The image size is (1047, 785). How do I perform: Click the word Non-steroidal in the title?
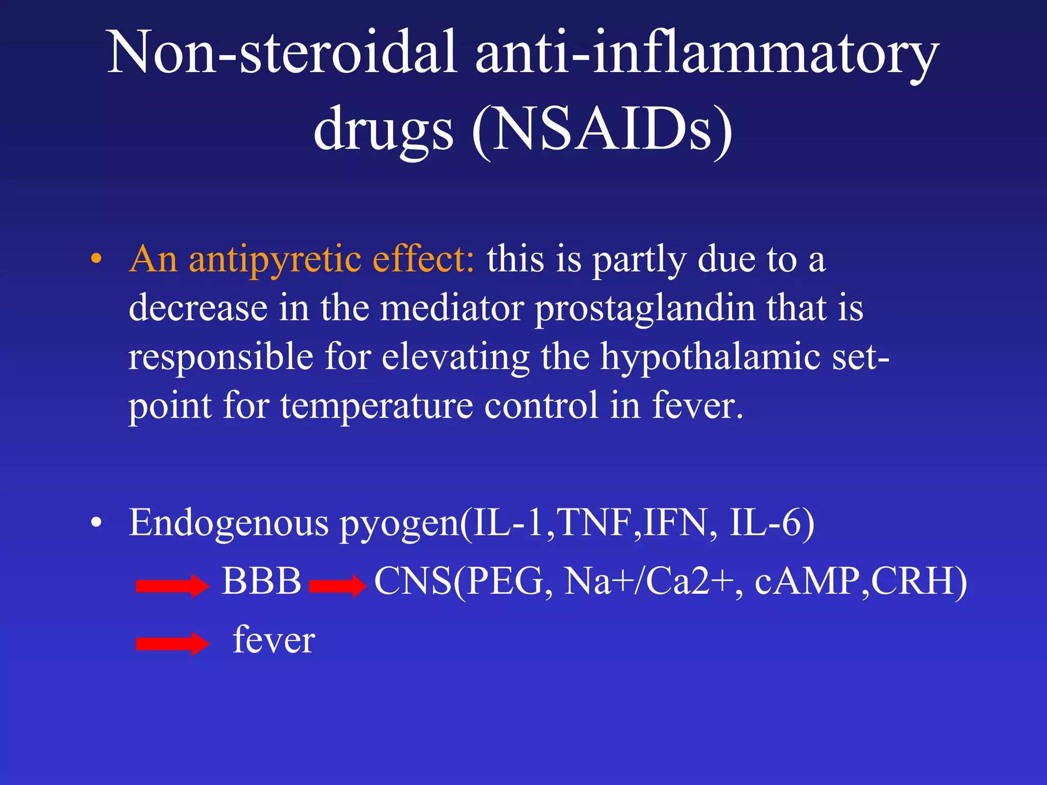pos(281,53)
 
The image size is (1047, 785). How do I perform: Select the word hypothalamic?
pos(710,357)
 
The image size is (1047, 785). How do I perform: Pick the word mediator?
pos(452,308)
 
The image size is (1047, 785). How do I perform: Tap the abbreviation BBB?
pos(261,582)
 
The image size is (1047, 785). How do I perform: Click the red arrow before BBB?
pos(172,586)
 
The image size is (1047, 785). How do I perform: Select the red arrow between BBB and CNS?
pos(338,586)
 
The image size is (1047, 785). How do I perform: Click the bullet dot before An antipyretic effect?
pos(96,260)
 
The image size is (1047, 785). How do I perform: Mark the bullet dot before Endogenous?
pos(96,523)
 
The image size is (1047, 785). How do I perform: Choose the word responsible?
pos(220,357)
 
